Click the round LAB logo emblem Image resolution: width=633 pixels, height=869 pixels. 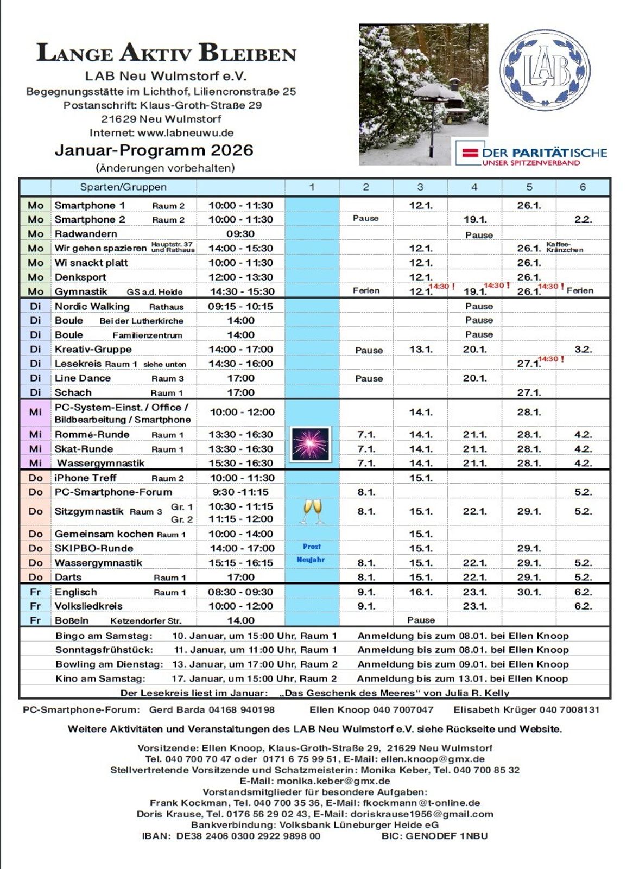[x=545, y=70]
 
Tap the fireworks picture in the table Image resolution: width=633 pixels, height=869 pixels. [x=311, y=444]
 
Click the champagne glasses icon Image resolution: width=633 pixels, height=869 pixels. [x=312, y=511]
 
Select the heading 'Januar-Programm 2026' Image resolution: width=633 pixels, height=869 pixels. [x=154, y=150]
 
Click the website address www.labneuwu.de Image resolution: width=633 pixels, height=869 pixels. [x=185, y=132]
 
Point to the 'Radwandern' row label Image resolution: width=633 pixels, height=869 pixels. [x=86, y=234]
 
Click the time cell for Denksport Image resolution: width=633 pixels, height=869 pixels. [x=240, y=277]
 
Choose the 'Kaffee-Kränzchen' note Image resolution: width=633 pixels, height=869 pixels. [x=565, y=247]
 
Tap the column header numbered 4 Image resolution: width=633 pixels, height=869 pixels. [x=474, y=187]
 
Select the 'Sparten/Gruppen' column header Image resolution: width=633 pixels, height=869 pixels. [x=123, y=187]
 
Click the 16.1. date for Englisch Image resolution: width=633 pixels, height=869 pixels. [x=421, y=592]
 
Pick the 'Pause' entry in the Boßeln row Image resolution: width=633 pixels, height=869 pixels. [x=421, y=620]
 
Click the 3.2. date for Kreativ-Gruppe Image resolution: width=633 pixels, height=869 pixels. [x=583, y=350]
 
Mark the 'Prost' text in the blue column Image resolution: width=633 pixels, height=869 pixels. [x=312, y=547]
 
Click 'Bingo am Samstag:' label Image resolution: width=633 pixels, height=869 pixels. [x=104, y=636]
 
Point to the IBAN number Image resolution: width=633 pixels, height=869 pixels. [x=248, y=836]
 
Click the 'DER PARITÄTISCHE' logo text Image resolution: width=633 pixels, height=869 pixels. [x=545, y=153]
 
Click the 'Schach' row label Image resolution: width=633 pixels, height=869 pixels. [x=73, y=392]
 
